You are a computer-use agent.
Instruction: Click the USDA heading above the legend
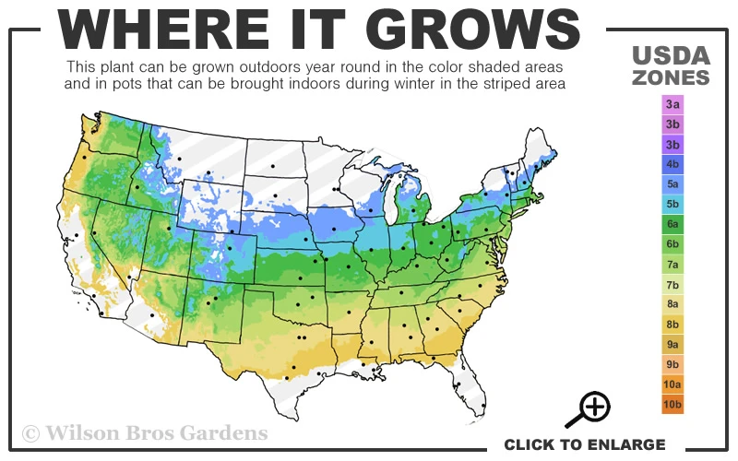[672, 55]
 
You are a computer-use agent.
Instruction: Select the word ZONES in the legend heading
[672, 77]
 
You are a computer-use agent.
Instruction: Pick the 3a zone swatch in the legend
[673, 105]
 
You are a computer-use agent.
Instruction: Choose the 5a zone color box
[673, 184]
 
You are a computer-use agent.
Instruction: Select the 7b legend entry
[673, 284]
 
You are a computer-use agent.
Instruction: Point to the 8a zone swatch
[673, 303]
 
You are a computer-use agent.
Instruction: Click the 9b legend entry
[673, 363]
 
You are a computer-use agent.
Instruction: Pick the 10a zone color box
[673, 384]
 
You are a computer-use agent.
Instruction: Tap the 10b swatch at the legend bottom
[673, 404]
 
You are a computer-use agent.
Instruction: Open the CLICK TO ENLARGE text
[584, 444]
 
